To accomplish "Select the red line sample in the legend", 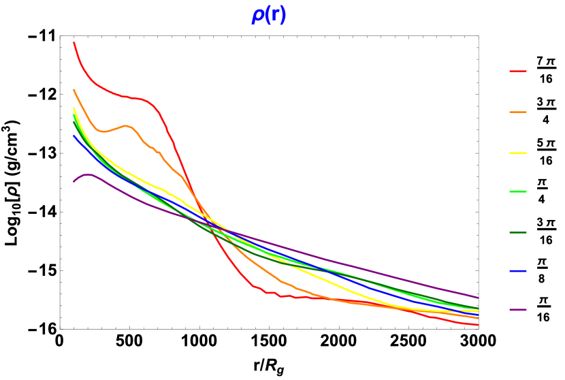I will [x=517, y=71].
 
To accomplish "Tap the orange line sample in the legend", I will [x=517, y=112].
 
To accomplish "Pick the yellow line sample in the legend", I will [x=517, y=153].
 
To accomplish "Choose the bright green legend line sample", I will [x=517, y=192].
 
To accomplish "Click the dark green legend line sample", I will [x=517, y=233].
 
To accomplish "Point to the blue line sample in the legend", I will [x=517, y=271].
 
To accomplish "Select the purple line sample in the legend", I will [x=517, y=310].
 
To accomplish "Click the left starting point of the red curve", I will [x=74, y=42].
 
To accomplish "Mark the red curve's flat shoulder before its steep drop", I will [x=136, y=98].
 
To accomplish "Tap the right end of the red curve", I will [x=478, y=325].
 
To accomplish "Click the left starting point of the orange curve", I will [x=74, y=89].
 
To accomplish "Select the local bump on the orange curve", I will [x=126, y=125].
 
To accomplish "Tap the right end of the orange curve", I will [x=478, y=318].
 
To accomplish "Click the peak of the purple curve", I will [x=87, y=174].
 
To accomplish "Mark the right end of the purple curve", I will [x=478, y=298].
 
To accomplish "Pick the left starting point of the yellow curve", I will [x=74, y=108].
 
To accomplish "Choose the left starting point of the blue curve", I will [x=74, y=136].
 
